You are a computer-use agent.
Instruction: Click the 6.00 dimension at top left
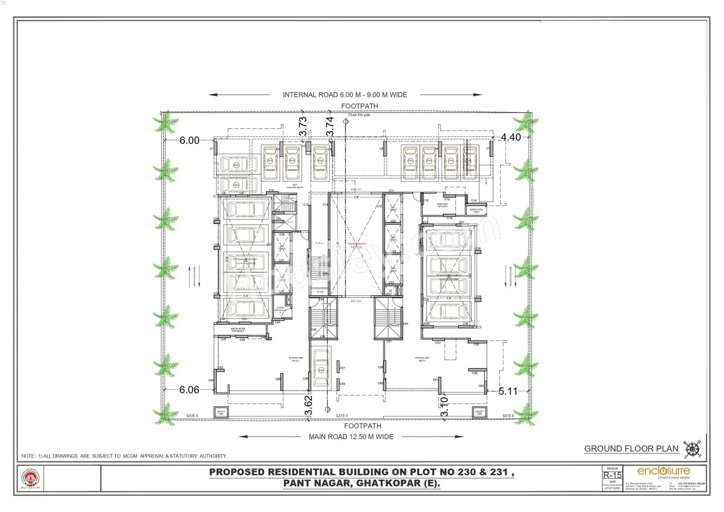[189, 140]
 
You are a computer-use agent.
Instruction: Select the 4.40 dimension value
[511, 137]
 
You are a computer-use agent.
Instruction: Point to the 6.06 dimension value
[189, 390]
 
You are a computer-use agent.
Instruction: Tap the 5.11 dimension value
[508, 391]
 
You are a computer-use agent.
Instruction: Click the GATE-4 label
[192, 416]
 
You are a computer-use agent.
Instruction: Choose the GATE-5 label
[342, 416]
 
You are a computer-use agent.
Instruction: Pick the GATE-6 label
[508, 416]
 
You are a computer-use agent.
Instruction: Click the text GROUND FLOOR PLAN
[631, 449]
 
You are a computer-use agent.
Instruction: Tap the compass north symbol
[692, 449]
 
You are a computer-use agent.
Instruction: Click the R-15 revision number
[612, 475]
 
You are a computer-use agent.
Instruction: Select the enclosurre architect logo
[663, 472]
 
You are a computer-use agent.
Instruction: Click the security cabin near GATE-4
[221, 412]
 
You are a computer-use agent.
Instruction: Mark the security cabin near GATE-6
[479, 412]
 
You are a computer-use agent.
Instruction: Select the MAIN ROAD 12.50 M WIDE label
[351, 437]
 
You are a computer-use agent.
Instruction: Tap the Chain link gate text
[359, 115]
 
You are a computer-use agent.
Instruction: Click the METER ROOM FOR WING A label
[238, 330]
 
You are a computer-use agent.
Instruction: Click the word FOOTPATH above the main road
[363, 426]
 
